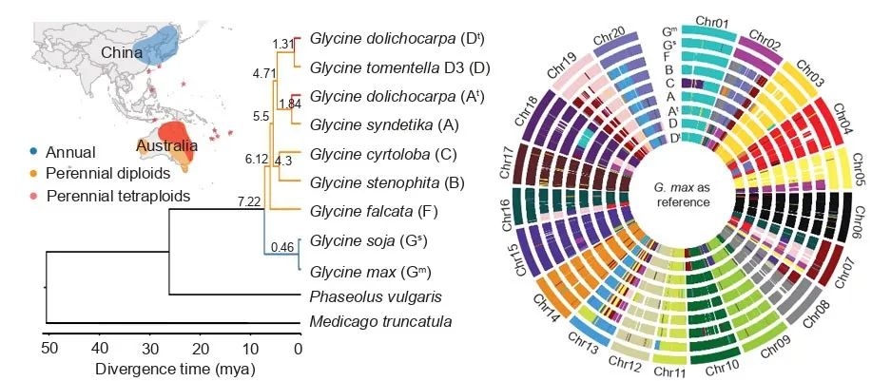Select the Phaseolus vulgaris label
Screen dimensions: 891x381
click(x=377, y=295)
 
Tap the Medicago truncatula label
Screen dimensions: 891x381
click(x=380, y=322)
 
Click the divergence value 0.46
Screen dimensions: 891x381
click(x=282, y=247)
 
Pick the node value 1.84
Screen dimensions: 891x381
click(x=289, y=105)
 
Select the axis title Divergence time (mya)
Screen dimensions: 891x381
click(x=173, y=366)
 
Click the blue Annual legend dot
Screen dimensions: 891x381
click(x=34, y=152)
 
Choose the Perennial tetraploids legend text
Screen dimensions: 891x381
click(x=118, y=196)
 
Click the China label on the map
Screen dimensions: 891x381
click(x=122, y=53)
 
